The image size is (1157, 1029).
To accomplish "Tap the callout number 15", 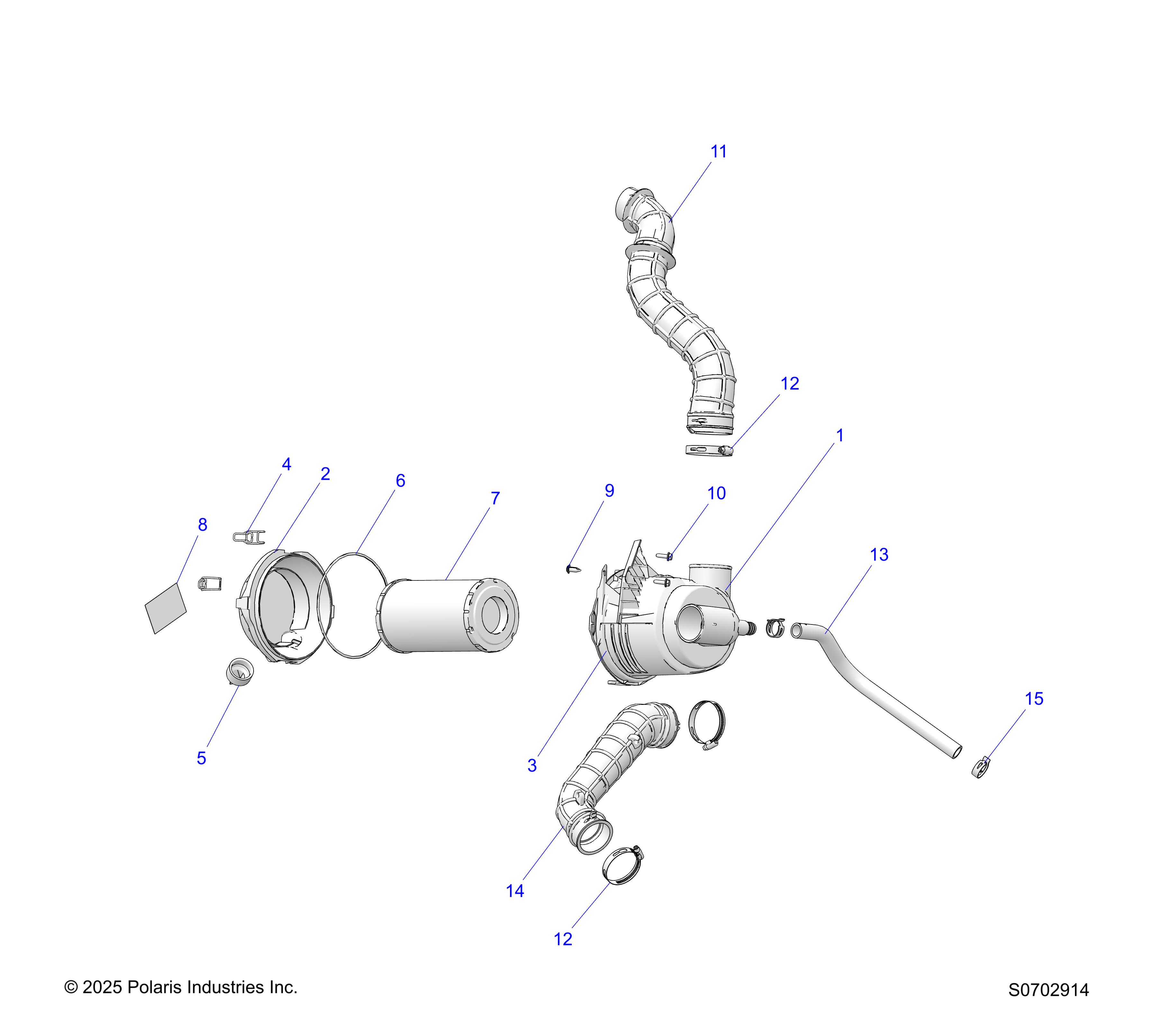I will pos(1034,699).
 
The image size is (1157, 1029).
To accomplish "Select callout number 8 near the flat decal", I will pos(202,525).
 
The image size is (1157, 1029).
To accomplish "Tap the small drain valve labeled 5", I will pos(239,672).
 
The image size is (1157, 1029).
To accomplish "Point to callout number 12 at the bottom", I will pos(563,939).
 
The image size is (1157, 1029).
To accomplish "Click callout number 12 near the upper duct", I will pos(789,383).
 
